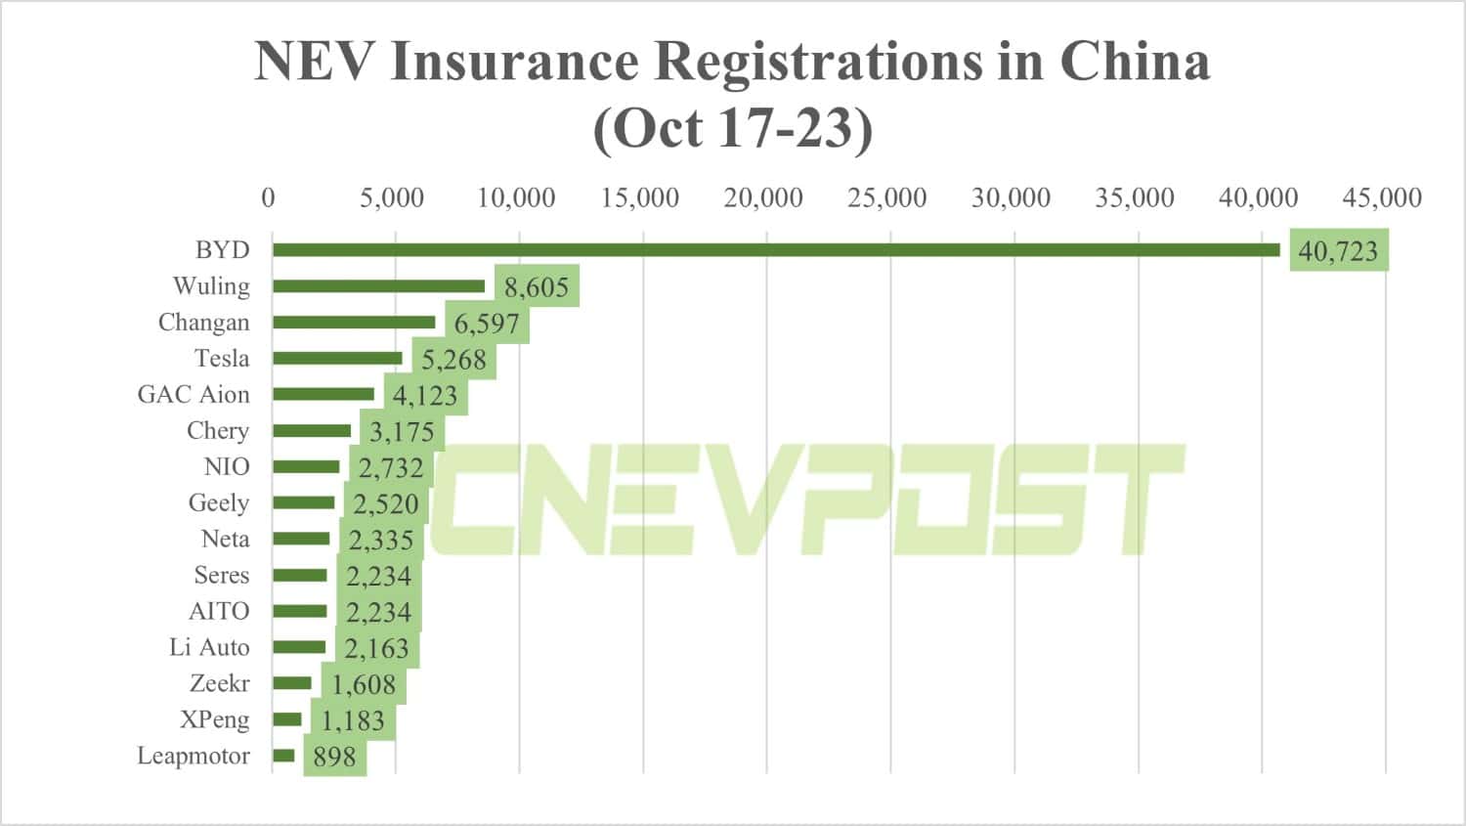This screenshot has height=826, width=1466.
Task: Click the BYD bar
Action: coord(776,250)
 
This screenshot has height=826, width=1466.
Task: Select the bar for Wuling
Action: coord(378,286)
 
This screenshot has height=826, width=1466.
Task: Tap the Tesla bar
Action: coord(337,359)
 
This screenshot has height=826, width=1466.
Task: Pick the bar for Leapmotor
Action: coord(283,756)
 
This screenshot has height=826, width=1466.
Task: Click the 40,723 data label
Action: coord(1338,251)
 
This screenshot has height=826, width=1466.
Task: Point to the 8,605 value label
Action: coord(537,287)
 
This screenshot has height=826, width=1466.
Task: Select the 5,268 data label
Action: coord(453,360)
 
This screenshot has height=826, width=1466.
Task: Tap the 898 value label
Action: coord(334,758)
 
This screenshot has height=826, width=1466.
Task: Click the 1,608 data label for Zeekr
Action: coord(364,685)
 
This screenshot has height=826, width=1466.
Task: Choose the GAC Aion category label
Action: coord(194,395)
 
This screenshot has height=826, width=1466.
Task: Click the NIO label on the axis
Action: coord(226,467)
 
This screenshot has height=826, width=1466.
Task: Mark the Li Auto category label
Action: coord(209,648)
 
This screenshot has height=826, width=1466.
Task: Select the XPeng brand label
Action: coord(214,720)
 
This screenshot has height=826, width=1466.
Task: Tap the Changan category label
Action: coord(203,323)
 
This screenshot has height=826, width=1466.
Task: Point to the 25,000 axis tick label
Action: coord(886,197)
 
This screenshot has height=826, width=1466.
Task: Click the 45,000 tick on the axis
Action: coord(1382,197)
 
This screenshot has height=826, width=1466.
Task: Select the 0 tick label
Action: coord(268,197)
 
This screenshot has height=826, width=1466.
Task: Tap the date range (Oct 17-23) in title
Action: coord(732,128)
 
